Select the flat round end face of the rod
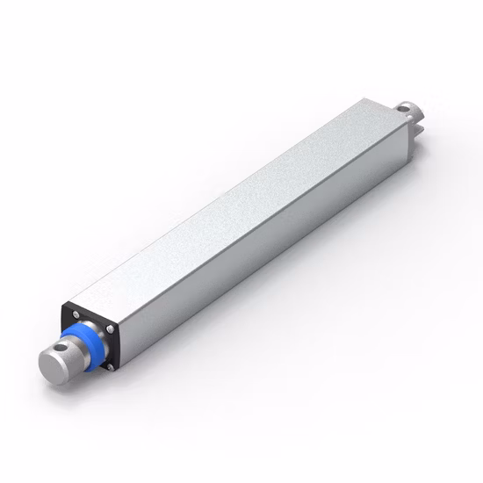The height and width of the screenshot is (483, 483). click(50, 366)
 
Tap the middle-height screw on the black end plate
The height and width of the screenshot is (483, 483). click(111, 329)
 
